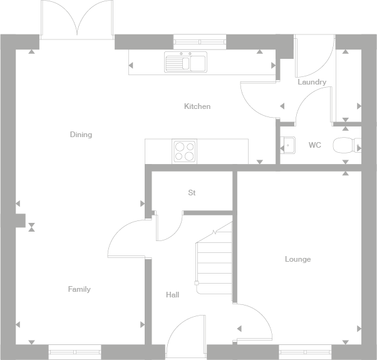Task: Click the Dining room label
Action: point(81,135)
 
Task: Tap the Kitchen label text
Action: point(197,106)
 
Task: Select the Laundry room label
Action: point(312,82)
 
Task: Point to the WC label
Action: point(315,145)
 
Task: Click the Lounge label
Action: point(297,259)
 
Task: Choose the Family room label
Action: point(80,289)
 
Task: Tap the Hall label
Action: point(173,294)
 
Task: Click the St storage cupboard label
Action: point(192,193)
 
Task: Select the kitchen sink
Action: point(185,63)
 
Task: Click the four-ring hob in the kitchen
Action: point(184,151)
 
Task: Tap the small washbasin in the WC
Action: point(289,145)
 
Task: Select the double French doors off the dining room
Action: point(78,19)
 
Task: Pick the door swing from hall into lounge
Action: point(254,322)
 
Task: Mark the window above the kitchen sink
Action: point(200,40)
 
